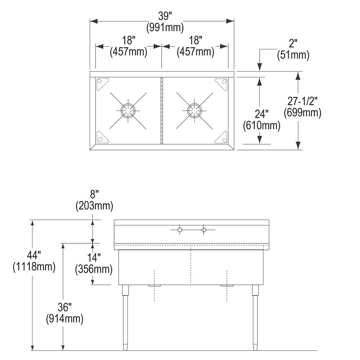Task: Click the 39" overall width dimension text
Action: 165,16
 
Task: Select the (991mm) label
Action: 165,28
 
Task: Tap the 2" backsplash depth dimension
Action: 293,44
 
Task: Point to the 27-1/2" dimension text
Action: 302,101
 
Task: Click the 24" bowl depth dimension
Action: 262,114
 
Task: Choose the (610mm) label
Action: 262,125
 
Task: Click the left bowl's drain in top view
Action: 128,111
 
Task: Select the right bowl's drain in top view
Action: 194,111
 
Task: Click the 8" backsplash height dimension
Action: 94,195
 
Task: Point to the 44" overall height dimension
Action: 34,255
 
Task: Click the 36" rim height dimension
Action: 64,307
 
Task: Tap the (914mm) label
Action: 64,319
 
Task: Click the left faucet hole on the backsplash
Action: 180,230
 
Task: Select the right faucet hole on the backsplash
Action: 204,230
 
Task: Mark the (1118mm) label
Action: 34,267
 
